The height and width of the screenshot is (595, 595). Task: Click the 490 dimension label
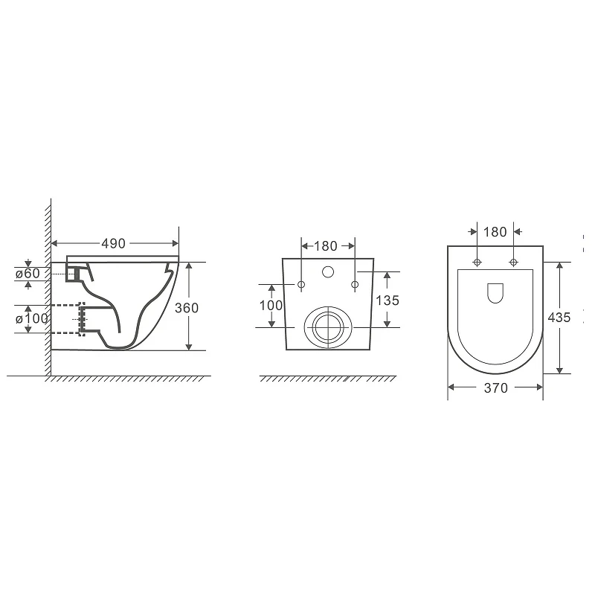[114, 244]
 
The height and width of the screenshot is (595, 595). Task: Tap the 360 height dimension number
[187, 308]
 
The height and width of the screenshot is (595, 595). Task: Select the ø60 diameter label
[28, 273]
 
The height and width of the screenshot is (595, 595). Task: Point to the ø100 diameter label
[32, 318]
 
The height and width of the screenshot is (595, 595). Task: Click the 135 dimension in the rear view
[387, 300]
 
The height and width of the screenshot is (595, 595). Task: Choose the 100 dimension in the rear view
[271, 305]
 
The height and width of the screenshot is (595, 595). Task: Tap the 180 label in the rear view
[326, 246]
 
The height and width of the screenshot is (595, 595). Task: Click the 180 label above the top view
[495, 232]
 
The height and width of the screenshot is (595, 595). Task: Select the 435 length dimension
[559, 318]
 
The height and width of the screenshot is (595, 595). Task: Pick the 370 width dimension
[495, 387]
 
